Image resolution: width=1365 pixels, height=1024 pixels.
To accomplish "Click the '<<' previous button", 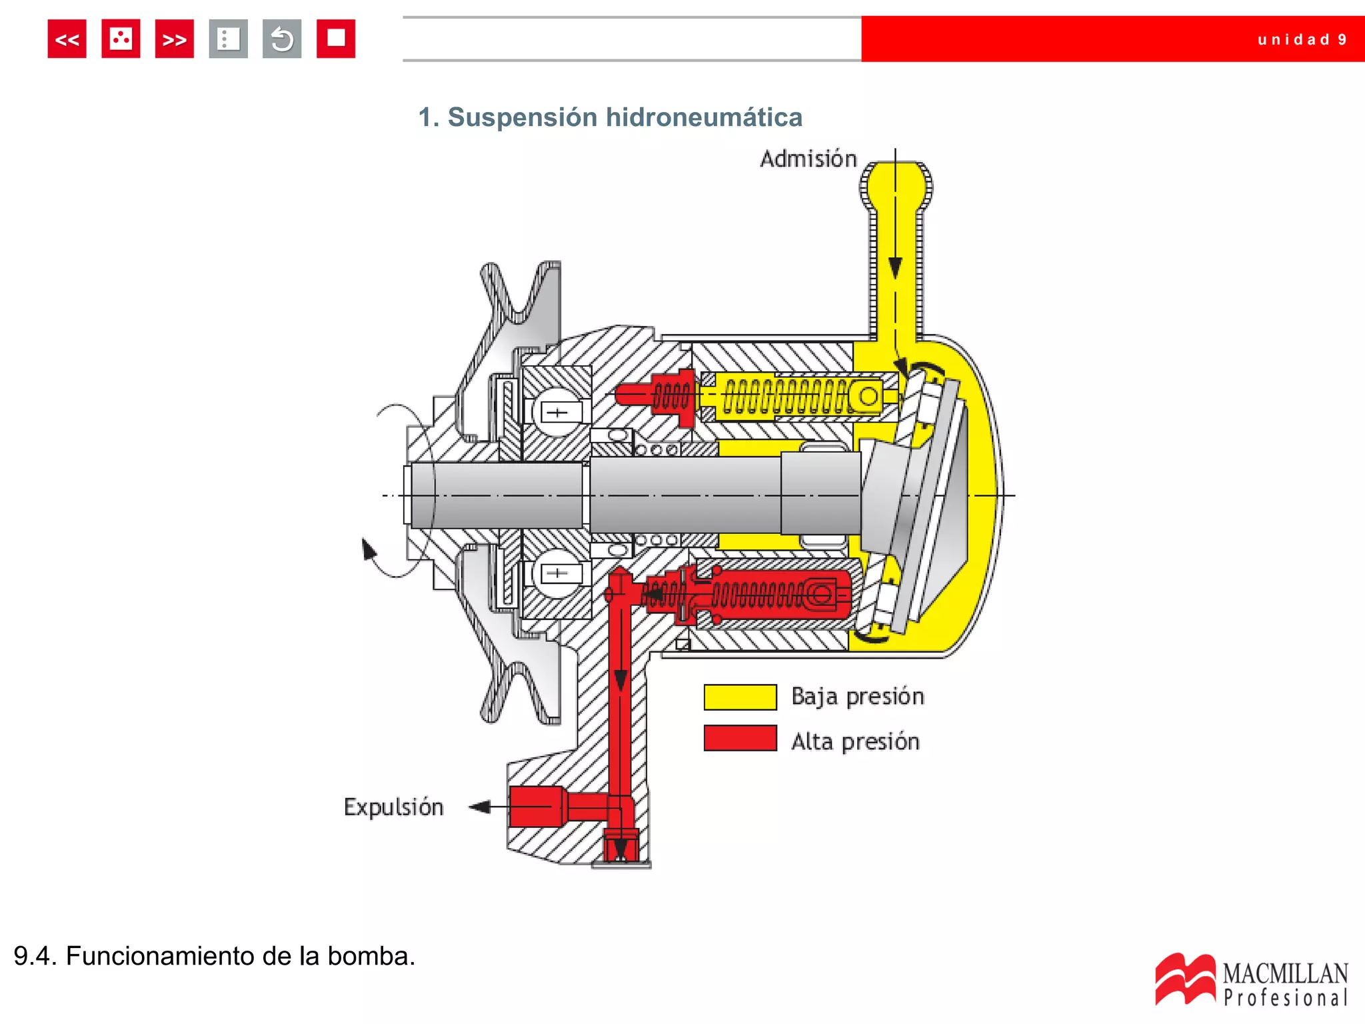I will tap(67, 39).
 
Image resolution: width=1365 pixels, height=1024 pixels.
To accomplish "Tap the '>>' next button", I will tap(174, 39).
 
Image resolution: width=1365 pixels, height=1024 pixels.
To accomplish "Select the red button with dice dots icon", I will tap(121, 39).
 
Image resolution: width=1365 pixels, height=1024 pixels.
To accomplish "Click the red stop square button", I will tap(335, 39).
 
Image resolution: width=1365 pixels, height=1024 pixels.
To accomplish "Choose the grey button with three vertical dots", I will tap(228, 39).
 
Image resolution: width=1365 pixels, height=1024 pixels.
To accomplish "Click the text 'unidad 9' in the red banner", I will tap(1301, 40).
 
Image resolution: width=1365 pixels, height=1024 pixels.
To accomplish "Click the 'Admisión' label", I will tap(808, 159).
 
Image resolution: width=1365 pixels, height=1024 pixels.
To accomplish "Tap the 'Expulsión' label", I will tap(393, 807).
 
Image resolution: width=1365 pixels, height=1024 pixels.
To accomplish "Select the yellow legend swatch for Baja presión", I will tap(740, 697).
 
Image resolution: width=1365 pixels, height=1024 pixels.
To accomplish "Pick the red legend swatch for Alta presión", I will tap(740, 739).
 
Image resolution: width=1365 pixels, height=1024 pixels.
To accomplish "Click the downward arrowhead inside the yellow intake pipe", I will tap(895, 268).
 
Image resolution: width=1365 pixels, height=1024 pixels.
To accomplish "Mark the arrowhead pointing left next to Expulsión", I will tap(480, 807).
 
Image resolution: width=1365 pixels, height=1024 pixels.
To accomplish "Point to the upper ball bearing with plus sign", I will tap(557, 412).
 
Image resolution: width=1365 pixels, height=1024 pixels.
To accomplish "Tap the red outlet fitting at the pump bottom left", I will tap(537, 807).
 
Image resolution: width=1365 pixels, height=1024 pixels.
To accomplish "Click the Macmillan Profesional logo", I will tap(1251, 980).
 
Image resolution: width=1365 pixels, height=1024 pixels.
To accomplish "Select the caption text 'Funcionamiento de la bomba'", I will tap(240, 956).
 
